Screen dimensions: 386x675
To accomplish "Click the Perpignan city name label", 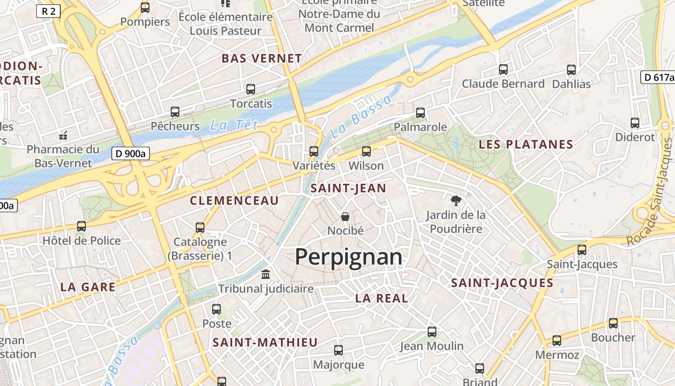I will click(x=348, y=257).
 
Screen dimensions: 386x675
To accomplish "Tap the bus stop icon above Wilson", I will click(x=366, y=152).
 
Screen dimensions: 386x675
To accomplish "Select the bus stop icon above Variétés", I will click(x=314, y=152).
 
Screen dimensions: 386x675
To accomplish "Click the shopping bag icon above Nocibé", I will click(x=345, y=216).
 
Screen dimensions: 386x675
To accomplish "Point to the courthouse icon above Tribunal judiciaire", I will click(x=265, y=275).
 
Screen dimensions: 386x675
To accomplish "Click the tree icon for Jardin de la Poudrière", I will click(x=455, y=200).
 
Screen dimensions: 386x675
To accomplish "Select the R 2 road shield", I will click(x=48, y=11).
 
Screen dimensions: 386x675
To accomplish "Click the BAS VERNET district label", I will click(x=261, y=58).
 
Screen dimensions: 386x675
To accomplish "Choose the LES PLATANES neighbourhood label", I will click(x=526, y=144).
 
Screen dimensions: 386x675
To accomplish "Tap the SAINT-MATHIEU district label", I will click(x=265, y=343).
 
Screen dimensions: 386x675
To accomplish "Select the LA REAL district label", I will click(x=381, y=298).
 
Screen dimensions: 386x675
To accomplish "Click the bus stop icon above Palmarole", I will click(x=420, y=113).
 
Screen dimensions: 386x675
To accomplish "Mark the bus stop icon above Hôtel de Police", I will click(x=81, y=226).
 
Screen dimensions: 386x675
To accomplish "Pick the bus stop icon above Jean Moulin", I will click(x=432, y=332).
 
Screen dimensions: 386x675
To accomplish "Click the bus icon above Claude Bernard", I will click(x=503, y=69).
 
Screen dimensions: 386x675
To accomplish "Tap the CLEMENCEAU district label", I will click(x=234, y=200).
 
